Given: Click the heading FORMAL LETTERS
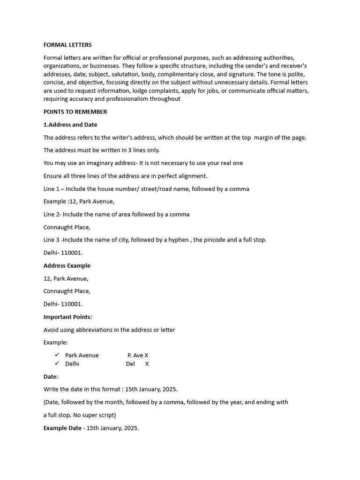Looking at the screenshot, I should (x=67, y=45).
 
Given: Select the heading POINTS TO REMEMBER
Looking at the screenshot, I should (x=75, y=112).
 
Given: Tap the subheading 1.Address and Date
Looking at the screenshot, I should (x=70, y=125).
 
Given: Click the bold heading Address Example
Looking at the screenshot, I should (x=67, y=265).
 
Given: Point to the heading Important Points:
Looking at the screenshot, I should (x=67, y=317).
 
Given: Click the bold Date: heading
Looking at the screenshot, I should (x=51, y=376).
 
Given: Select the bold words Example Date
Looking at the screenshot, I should (x=62, y=428).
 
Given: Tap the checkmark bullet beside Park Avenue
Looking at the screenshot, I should (x=57, y=355).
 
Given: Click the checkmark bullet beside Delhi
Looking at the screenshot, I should (x=57, y=363).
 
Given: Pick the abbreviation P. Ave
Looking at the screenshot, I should (x=135, y=355).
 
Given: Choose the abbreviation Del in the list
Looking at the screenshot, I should (x=130, y=364).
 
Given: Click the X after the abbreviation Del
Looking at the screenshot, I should (x=147, y=364).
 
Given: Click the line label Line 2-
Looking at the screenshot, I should (x=52, y=214).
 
